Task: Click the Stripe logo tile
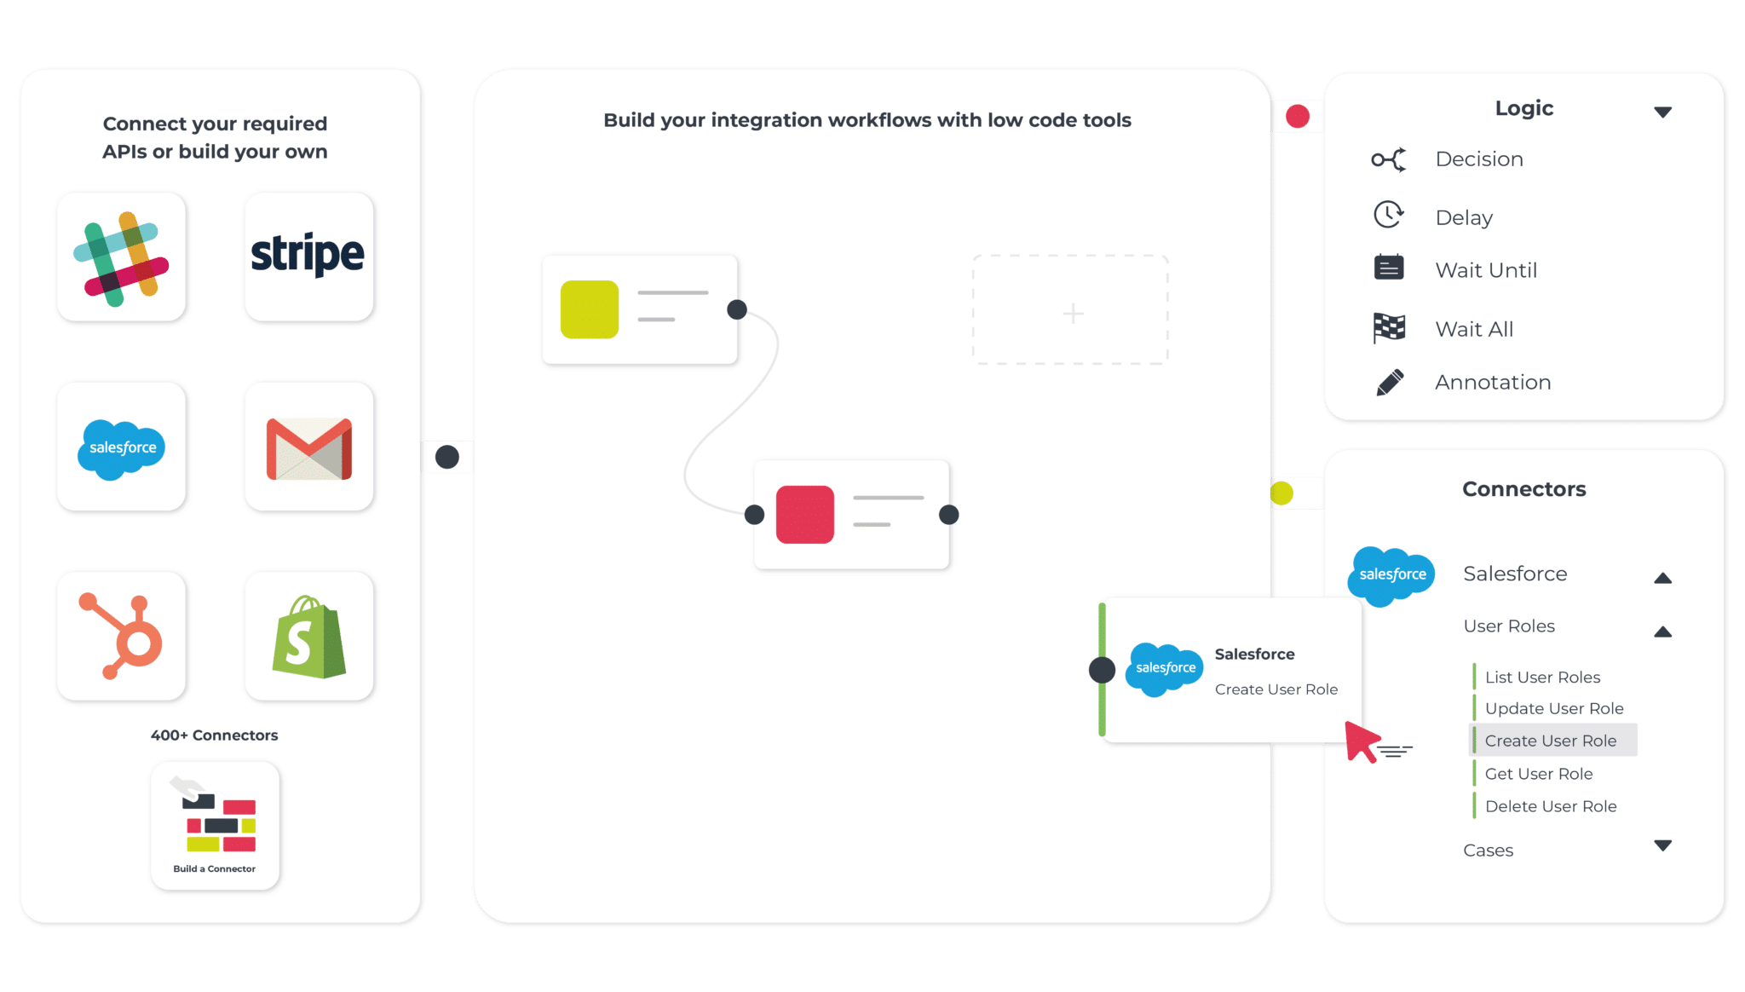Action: (308, 257)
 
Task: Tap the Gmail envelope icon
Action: (309, 448)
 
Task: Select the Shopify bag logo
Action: (309, 637)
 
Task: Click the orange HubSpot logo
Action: (121, 636)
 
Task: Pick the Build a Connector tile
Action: (215, 826)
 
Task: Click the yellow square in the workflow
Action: (590, 309)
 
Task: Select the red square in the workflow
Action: (805, 515)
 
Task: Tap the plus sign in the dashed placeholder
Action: (1074, 314)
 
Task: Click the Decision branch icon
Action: (1389, 159)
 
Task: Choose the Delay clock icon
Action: (1389, 215)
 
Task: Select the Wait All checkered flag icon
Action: (1389, 328)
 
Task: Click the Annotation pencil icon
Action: (1390, 383)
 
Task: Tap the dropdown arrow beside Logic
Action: (1662, 112)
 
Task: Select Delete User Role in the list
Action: (1551, 806)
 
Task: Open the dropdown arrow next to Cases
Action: (1662, 845)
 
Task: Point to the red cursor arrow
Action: (1362, 741)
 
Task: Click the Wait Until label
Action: (1486, 270)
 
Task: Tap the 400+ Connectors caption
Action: (215, 735)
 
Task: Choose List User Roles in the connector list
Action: (1542, 678)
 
